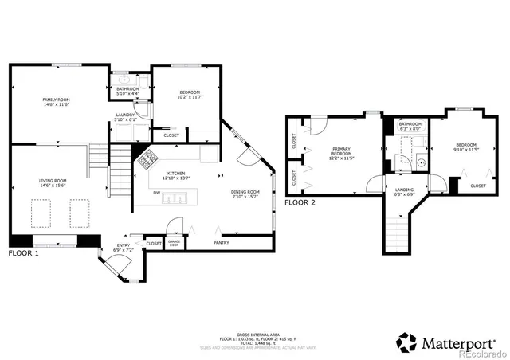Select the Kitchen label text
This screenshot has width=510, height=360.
pyautogui.click(x=176, y=175)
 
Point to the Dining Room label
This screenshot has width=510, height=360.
pyautogui.click(x=245, y=194)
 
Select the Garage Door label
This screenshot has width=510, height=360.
pyautogui.click(x=174, y=244)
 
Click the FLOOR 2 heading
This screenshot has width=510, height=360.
pyautogui.click(x=300, y=202)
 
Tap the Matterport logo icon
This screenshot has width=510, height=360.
pyautogui.click(x=407, y=342)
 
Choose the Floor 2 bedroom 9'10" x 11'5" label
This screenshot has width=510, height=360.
pyautogui.click(x=465, y=147)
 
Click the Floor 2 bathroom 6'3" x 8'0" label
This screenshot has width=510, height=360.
pyautogui.click(x=410, y=127)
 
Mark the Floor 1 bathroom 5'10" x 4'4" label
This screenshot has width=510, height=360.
pyautogui.click(x=127, y=91)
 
